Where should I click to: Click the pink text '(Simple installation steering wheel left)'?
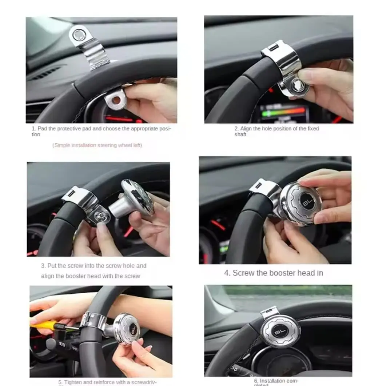coord(97,145)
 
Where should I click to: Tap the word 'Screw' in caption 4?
coord(244,273)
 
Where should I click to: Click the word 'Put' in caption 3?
coord(52,266)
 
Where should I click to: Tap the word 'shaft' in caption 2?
coord(240,134)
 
